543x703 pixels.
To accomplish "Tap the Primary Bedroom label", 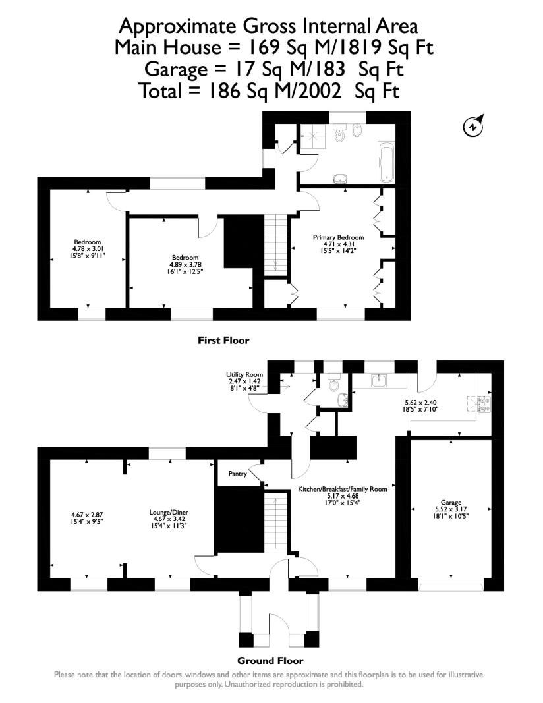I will [x=338, y=237].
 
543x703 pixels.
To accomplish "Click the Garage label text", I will [x=451, y=501].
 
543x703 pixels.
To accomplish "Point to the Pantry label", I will [x=237, y=474].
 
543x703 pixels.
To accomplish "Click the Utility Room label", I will [x=244, y=374].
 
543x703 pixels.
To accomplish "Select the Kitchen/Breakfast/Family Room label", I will [x=342, y=489].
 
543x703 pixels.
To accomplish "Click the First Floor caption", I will [x=223, y=341].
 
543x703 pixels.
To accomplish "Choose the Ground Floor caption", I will [x=270, y=660].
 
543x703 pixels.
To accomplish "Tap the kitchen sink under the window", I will [x=379, y=380].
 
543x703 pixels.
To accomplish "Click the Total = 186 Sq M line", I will [x=270, y=90].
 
